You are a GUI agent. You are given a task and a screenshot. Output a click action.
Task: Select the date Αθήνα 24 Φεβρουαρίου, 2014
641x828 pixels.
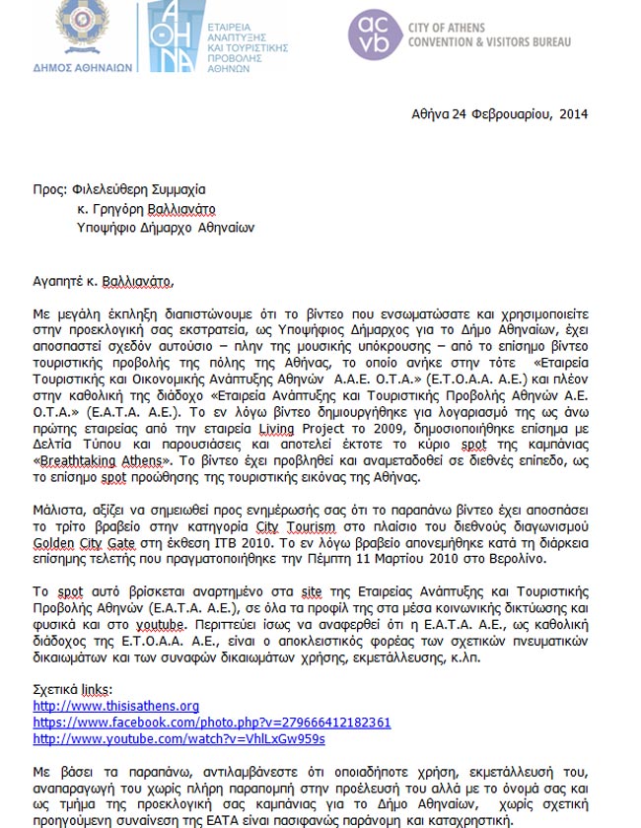(499, 113)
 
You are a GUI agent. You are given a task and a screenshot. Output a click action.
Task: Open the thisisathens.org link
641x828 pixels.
(116, 706)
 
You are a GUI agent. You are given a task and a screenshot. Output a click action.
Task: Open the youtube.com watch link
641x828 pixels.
(178, 739)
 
